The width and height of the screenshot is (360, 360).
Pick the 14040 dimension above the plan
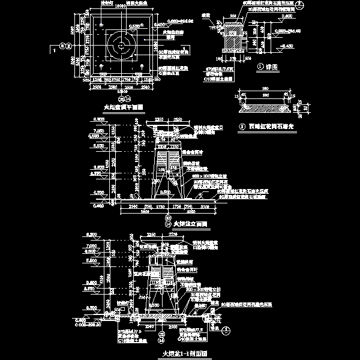[121, 5]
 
